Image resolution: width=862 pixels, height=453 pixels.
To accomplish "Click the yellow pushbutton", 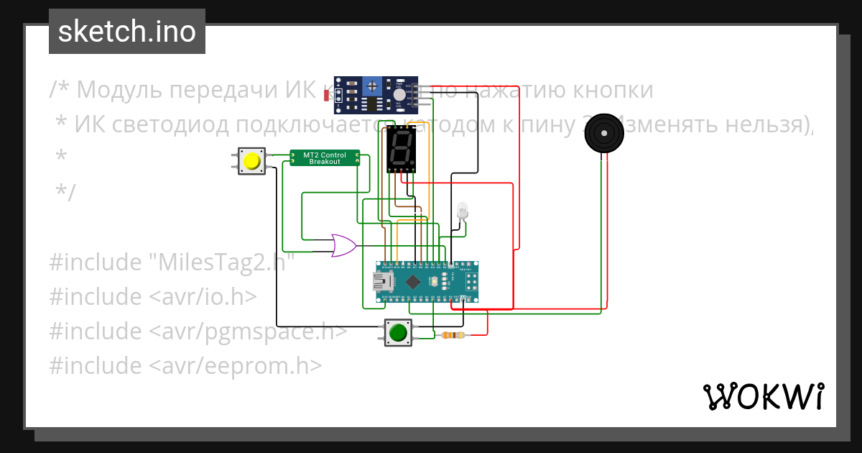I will coord(251,161).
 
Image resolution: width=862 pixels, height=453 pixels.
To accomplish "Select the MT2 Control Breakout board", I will coord(324,157).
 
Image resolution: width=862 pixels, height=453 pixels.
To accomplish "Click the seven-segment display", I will coord(400,149).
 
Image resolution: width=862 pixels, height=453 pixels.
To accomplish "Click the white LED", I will coord(462,210).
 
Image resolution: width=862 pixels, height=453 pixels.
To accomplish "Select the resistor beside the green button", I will coord(453,335).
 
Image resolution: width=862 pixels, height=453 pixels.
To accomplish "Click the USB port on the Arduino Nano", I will coord(382,281).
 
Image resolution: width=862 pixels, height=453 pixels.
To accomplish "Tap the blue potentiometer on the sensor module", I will coord(372,87).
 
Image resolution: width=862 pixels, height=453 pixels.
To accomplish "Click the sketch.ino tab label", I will coord(127,32).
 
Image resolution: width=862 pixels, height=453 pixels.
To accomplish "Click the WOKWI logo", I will coord(763,396).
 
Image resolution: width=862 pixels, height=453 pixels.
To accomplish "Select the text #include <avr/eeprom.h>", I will coord(185,366).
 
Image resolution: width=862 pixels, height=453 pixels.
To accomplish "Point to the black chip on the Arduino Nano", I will coord(414,281).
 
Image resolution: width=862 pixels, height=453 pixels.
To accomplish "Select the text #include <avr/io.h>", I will coord(153,297).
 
